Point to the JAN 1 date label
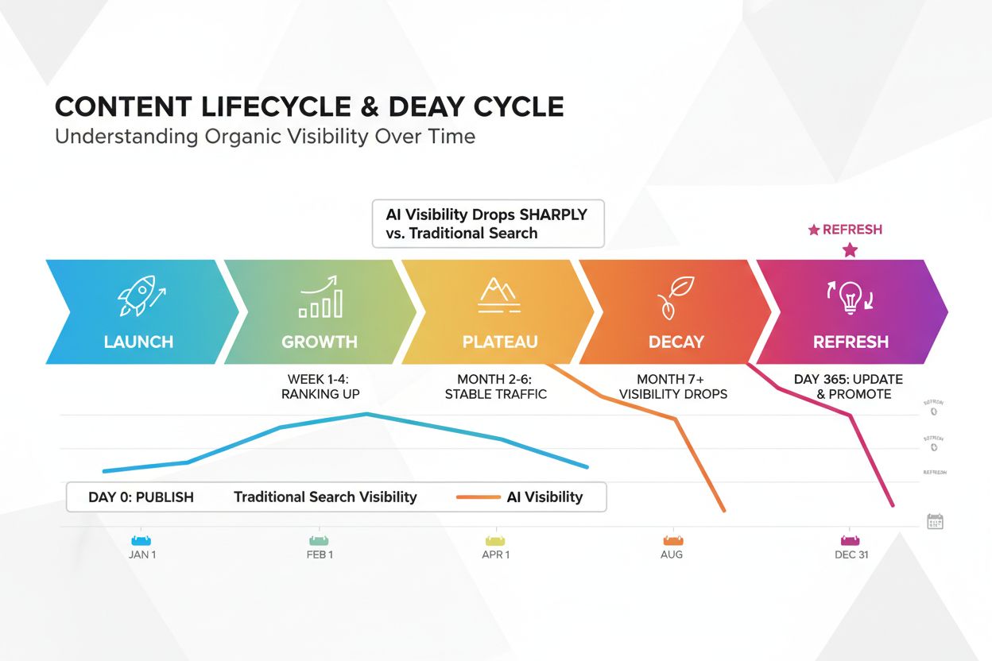click(142, 555)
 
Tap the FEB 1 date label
click(320, 555)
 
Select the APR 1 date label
click(497, 555)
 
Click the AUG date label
click(672, 555)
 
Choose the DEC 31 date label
click(851, 555)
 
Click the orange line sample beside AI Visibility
click(477, 497)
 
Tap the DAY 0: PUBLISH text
click(141, 497)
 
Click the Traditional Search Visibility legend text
click(325, 497)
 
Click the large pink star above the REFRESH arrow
click(850, 250)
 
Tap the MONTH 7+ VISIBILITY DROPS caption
click(672, 387)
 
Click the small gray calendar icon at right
click(935, 521)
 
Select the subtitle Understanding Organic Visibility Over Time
click(265, 137)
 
